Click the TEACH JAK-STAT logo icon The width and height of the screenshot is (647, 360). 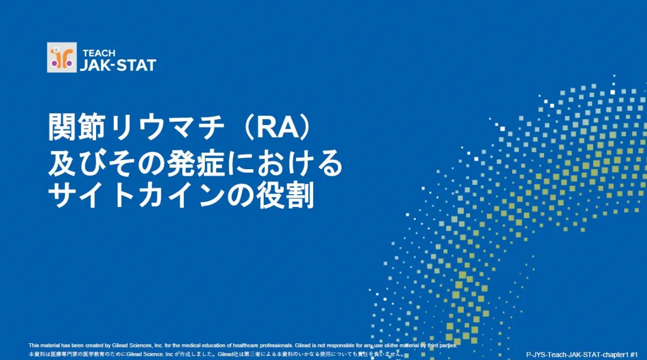62,58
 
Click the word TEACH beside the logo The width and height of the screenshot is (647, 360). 99,53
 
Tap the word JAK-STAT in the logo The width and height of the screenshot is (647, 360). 118,66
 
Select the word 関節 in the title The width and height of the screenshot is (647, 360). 76,127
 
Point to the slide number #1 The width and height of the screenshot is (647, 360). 634,355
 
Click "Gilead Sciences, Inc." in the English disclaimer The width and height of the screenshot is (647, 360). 137,345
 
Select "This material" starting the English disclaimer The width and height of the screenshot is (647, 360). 44,345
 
